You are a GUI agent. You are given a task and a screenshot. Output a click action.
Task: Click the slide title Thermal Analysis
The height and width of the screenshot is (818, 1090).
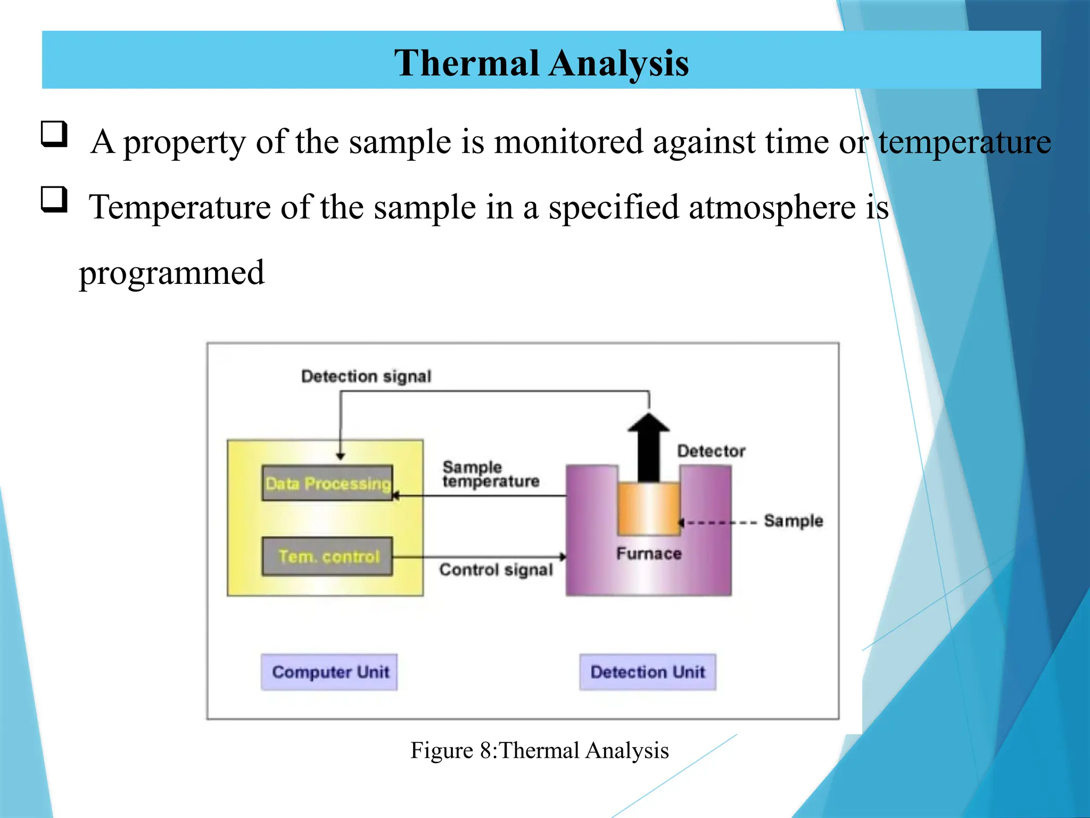tap(541, 63)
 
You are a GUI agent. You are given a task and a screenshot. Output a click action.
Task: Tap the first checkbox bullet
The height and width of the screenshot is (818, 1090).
tap(54, 134)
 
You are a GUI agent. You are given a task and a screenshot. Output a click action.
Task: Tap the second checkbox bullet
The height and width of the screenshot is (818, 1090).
tap(54, 200)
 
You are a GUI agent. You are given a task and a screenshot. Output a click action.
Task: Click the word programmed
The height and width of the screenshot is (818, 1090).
tap(171, 273)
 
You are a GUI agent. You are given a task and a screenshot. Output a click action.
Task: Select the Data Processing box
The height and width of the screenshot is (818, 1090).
tap(327, 483)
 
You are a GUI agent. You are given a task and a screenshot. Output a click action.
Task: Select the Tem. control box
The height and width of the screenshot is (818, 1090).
tap(327, 557)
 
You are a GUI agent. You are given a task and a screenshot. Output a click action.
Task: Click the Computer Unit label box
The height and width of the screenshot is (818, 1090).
tap(329, 672)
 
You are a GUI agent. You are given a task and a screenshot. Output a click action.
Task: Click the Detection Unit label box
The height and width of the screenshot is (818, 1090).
tap(647, 672)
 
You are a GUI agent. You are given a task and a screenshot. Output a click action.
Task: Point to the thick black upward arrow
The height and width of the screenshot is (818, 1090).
tap(649, 447)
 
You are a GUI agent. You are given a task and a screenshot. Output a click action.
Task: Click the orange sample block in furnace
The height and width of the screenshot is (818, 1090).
tap(649, 509)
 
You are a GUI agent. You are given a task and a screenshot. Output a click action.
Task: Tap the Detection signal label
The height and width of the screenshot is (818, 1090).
tap(366, 377)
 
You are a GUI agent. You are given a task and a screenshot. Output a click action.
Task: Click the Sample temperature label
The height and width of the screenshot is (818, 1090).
tap(490, 475)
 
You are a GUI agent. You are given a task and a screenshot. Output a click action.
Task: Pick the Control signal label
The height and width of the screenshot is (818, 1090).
tap(496, 570)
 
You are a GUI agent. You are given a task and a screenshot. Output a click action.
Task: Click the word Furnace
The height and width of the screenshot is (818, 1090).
tap(649, 554)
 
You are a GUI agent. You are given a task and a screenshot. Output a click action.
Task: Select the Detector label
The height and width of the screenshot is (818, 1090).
tap(711, 451)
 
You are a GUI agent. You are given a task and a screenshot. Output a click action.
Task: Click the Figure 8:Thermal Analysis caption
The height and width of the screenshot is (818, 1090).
tap(539, 750)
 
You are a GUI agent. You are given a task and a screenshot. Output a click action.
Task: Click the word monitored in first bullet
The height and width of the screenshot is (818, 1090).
tap(568, 142)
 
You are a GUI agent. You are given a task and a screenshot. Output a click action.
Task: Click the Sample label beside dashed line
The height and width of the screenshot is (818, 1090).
tap(793, 521)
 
